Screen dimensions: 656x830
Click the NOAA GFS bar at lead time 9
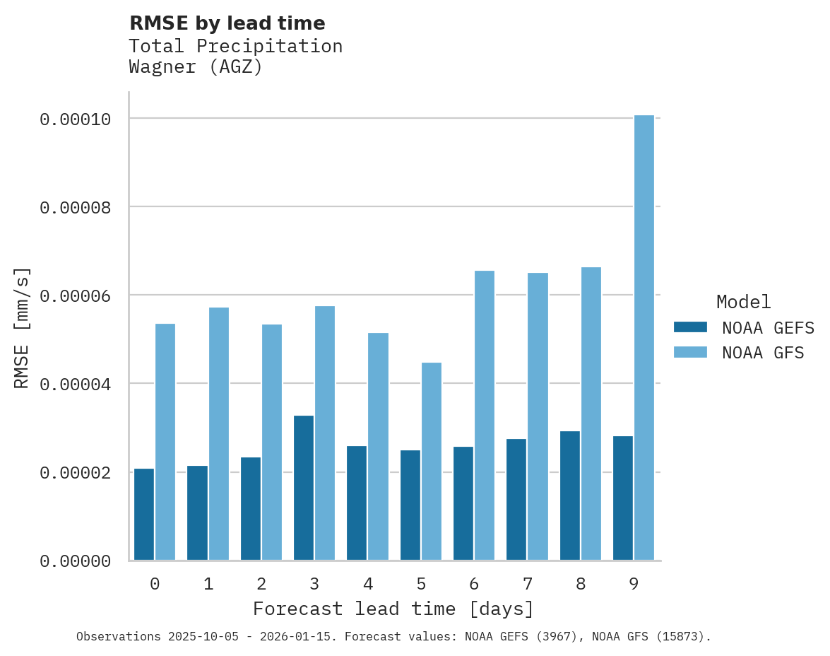pyautogui.click(x=644, y=338)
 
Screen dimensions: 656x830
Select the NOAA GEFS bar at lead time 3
pyautogui.click(x=304, y=488)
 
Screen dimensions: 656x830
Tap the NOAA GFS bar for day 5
pyautogui.click(x=432, y=462)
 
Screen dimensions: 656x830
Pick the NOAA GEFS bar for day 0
pyautogui.click(x=144, y=515)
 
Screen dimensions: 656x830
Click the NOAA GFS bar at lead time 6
pyautogui.click(x=485, y=416)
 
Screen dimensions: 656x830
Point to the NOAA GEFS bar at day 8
pyautogui.click(x=570, y=496)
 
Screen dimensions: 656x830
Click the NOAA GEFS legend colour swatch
pyautogui.click(x=690, y=327)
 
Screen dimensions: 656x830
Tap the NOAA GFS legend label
pyautogui.click(x=763, y=352)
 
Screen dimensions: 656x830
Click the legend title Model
pyautogui.click(x=743, y=302)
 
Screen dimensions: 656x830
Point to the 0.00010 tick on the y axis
pyautogui.click(x=76, y=119)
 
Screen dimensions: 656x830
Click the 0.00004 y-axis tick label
pyautogui.click(x=76, y=385)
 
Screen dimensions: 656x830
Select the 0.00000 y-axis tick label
pyautogui.click(x=76, y=561)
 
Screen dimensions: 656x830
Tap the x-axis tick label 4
pyautogui.click(x=368, y=584)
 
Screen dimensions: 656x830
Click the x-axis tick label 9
pyautogui.click(x=634, y=584)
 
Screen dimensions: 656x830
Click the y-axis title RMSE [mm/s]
pyautogui.click(x=23, y=328)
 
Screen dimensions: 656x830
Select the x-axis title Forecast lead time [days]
pyautogui.click(x=393, y=609)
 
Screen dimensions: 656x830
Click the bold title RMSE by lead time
pyautogui.click(x=227, y=23)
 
